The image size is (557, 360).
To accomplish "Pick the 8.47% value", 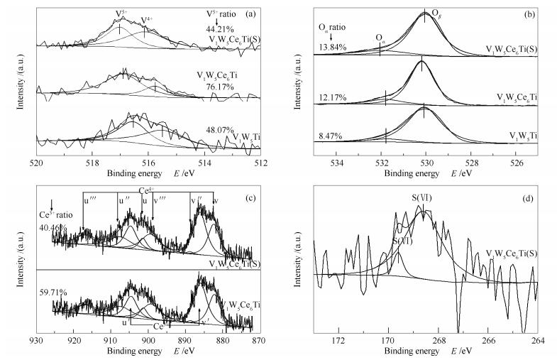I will click(x=332, y=134).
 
